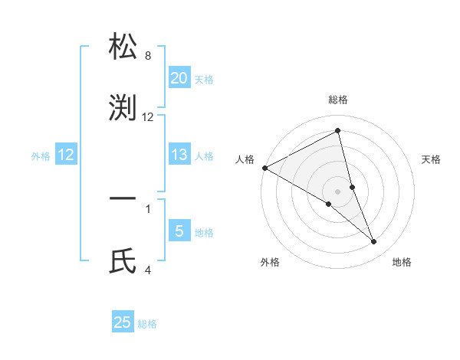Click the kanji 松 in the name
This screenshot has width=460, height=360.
123,47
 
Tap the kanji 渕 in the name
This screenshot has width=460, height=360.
123,108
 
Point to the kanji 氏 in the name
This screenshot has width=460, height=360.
123,261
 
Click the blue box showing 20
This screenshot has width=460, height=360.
179,77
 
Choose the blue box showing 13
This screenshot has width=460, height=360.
179,155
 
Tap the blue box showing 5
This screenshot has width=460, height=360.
179,231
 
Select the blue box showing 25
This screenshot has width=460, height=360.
123,322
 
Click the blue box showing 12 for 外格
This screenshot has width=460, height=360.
66,155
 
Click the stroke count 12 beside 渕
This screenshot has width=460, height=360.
148,117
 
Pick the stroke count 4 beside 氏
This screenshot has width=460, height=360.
148,270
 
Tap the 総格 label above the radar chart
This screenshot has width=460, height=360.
338,100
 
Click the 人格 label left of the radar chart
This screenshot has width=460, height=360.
245,159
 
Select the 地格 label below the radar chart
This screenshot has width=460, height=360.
402,262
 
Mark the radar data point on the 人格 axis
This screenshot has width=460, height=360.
264,168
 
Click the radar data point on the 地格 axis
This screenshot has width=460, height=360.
374,242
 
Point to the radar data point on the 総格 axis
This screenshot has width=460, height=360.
338,131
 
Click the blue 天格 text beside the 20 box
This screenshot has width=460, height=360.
204,79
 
